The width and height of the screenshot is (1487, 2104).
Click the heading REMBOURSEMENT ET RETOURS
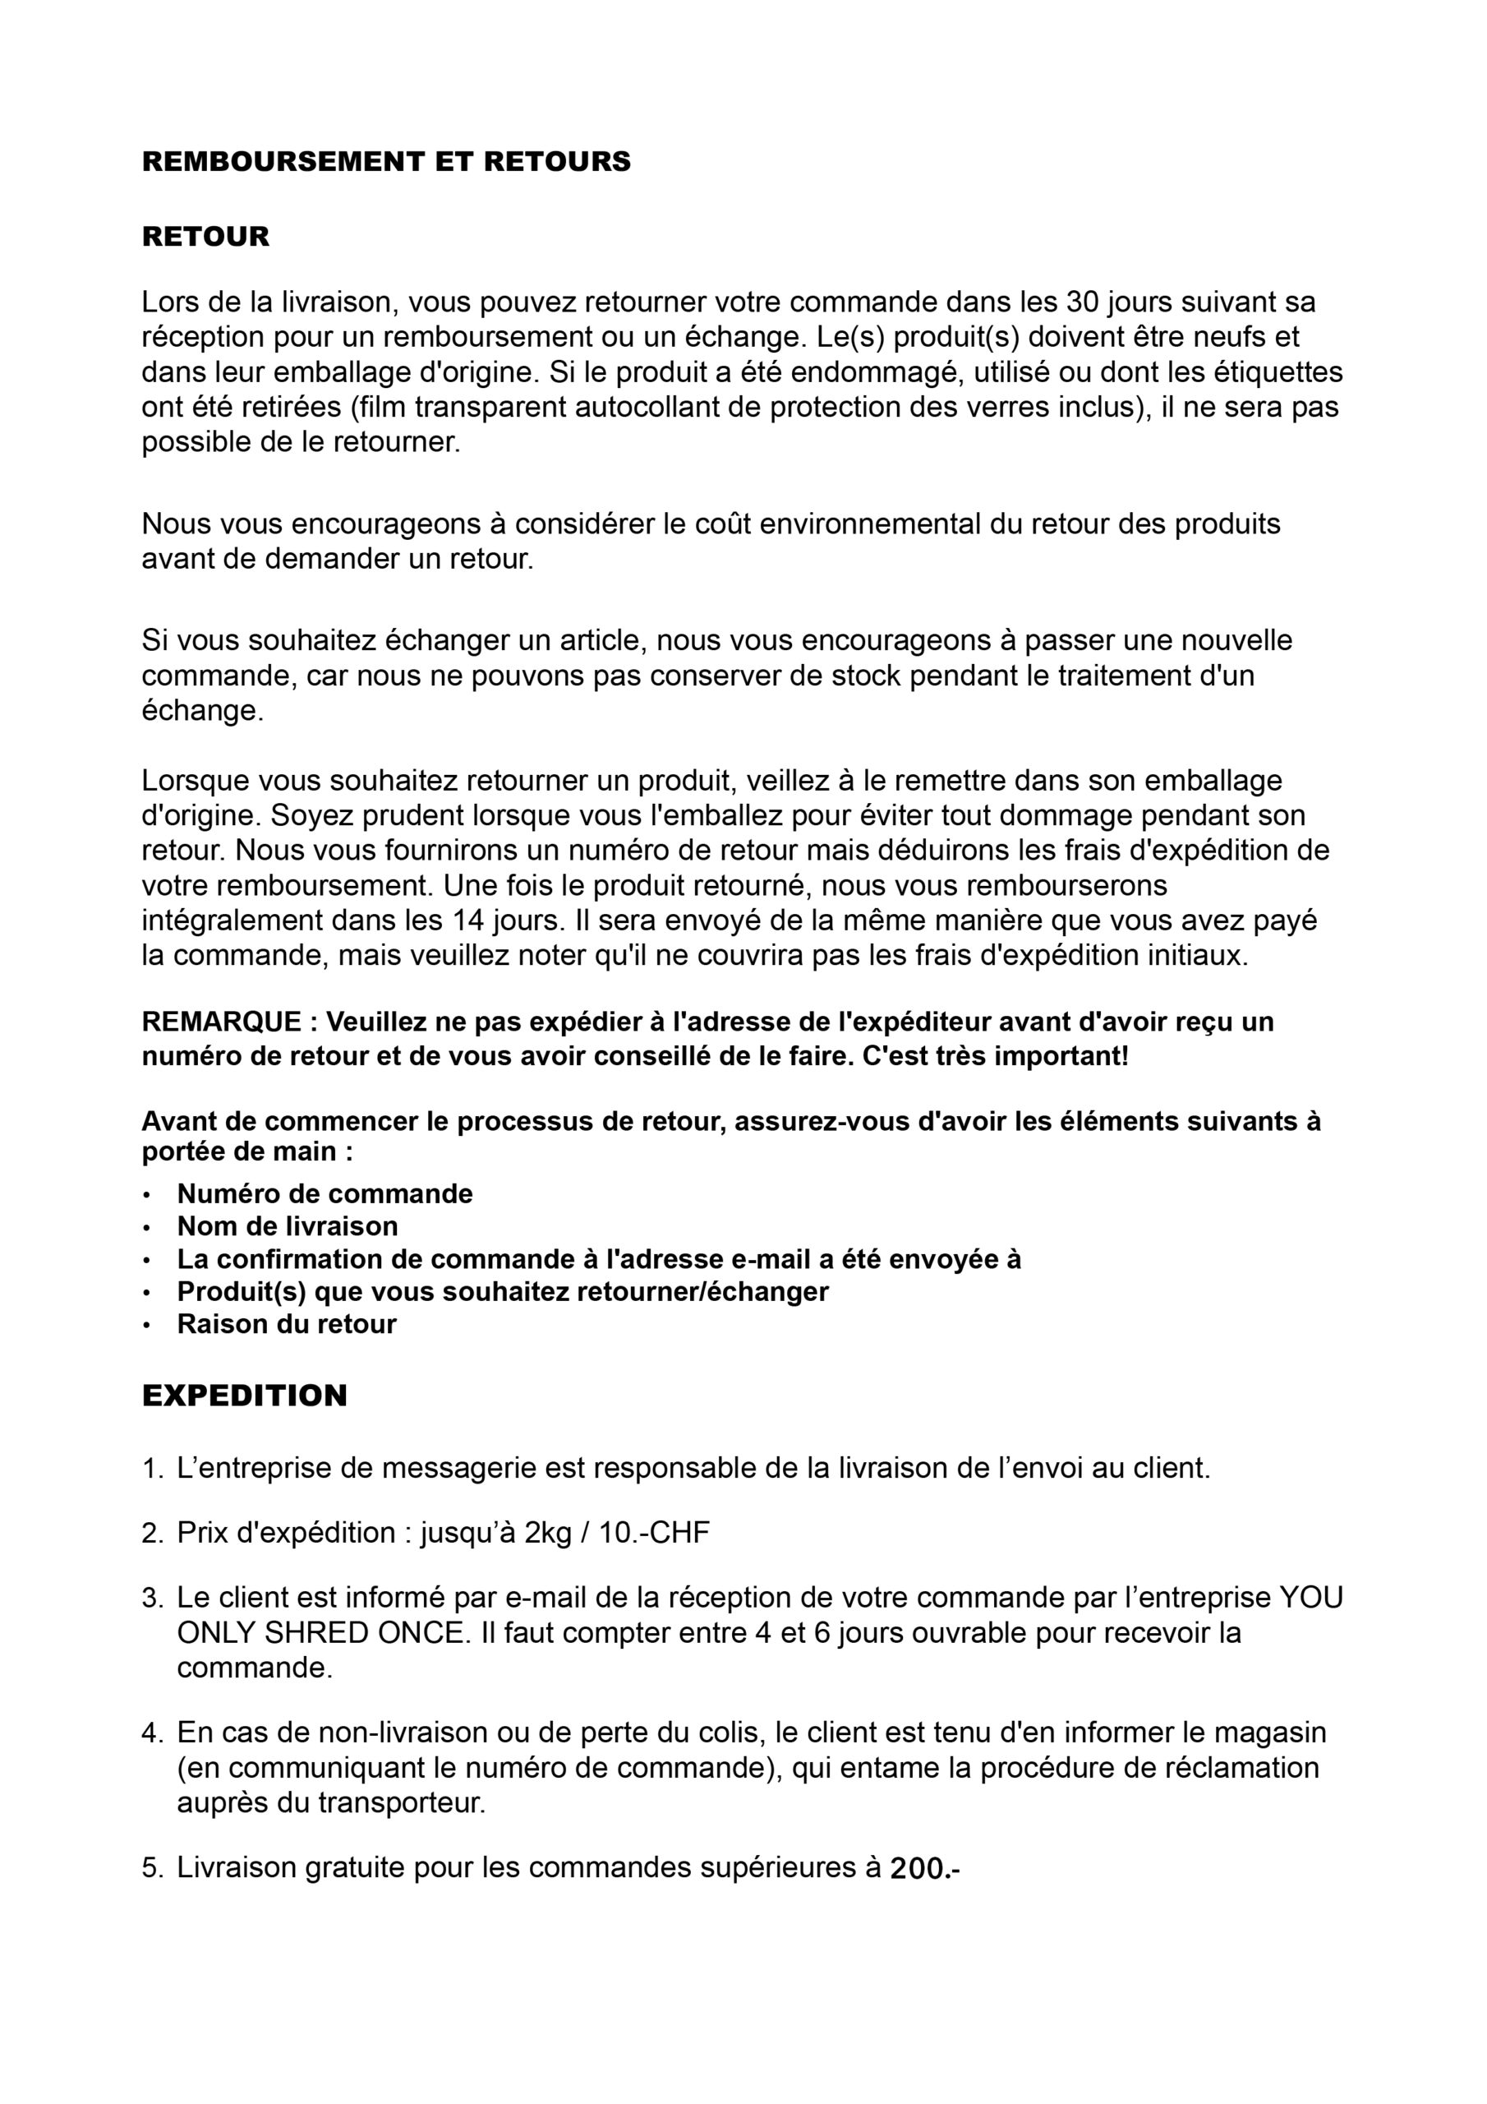click(386, 161)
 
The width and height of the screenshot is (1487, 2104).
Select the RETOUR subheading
click(205, 237)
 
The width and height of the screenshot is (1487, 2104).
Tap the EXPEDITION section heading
click(245, 1396)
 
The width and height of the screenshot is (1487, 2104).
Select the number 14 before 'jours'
click(469, 920)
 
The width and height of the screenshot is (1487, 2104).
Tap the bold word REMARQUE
click(222, 1022)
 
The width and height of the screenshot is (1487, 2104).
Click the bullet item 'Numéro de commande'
click(325, 1194)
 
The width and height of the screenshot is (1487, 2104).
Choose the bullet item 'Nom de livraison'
click(287, 1226)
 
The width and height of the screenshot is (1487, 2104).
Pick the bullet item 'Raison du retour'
click(286, 1324)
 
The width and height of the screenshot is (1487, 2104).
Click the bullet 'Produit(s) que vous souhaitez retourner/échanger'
click(502, 1291)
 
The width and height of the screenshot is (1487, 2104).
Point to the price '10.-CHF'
click(654, 1533)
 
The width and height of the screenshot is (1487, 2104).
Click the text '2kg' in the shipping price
click(548, 1533)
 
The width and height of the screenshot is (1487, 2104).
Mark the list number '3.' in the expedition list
click(152, 1599)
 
